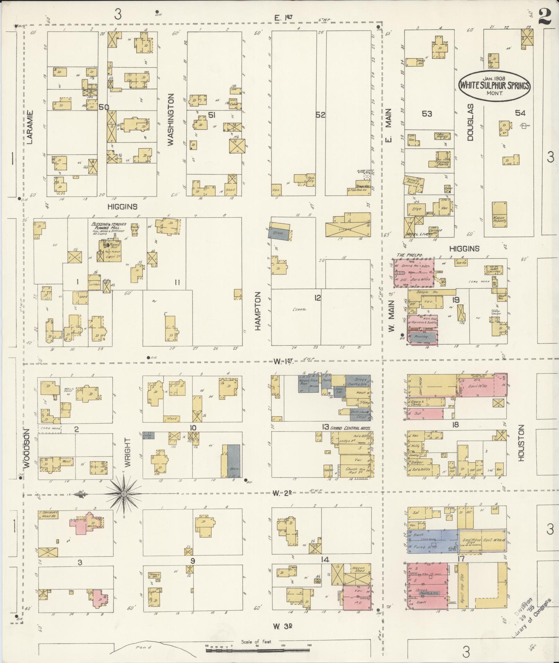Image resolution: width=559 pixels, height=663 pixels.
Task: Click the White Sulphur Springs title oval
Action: [495, 85]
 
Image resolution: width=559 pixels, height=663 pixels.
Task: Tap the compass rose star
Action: [123, 494]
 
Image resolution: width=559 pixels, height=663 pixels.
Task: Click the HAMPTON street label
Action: [257, 311]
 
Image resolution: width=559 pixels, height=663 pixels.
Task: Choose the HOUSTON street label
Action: [521, 443]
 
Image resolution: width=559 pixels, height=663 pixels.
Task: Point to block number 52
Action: [321, 115]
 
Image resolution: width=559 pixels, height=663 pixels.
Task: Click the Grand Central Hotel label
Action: [350, 428]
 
